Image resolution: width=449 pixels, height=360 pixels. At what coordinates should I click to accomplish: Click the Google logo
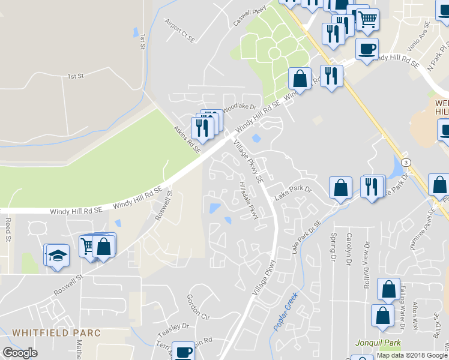pyautogui.click(x=20, y=353)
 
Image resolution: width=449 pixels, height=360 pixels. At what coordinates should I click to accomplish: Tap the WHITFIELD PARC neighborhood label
pyautogui.click(x=56, y=332)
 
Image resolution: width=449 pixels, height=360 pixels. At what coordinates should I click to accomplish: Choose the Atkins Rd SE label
pyautogui.click(x=187, y=139)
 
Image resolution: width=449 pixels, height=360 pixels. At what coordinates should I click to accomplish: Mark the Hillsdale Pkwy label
pyautogui.click(x=249, y=200)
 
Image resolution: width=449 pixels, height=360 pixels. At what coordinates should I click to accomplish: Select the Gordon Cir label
pyautogui.click(x=197, y=307)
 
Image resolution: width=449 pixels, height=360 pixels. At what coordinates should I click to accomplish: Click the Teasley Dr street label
pyautogui.click(x=173, y=330)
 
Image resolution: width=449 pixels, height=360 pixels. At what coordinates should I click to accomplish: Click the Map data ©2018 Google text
pyautogui.click(x=412, y=355)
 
